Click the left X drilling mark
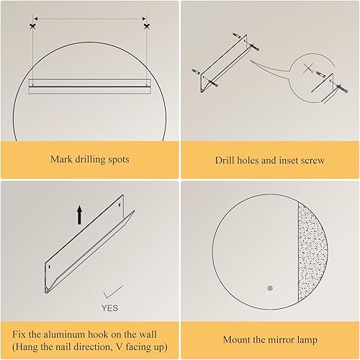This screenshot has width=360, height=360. click(x=32, y=26)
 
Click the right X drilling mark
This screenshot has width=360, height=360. click(x=147, y=26)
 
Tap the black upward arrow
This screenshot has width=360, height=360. click(x=78, y=214)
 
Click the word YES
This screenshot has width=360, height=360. click(x=110, y=307)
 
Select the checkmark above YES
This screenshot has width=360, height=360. click(x=110, y=292)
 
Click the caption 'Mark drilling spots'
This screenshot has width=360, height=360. click(x=89, y=159)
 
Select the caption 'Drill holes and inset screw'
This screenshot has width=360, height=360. click(x=270, y=159)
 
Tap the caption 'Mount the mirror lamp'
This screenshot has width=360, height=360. click(x=270, y=339)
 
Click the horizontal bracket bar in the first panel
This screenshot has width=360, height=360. click(x=89, y=85)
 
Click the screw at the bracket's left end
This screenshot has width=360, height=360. click(x=196, y=71)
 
